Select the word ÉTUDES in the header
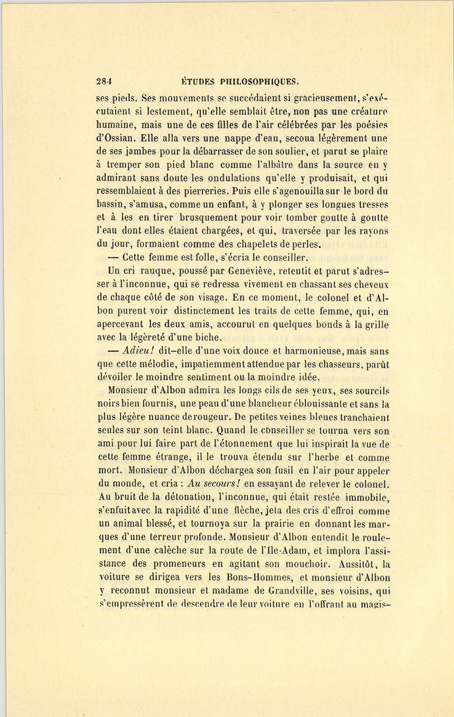[198, 80]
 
